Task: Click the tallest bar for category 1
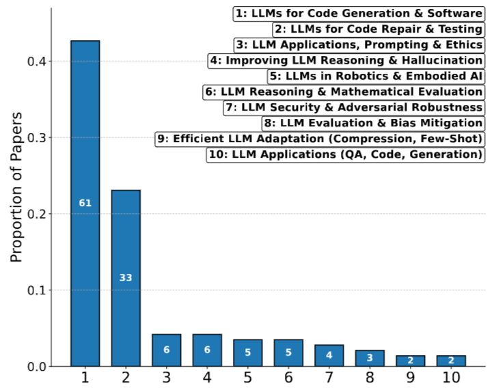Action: coord(85,137)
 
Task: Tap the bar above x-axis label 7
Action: coord(329,355)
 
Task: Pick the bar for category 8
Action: coord(370,358)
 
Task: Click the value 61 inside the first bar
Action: coord(85,203)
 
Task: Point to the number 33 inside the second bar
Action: coord(126,278)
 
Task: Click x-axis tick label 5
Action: coord(247,378)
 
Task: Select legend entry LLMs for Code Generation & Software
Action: coord(359,14)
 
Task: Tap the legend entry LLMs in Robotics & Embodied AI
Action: coord(376,76)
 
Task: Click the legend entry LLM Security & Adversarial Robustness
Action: coord(354,107)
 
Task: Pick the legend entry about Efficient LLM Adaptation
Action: coord(320,139)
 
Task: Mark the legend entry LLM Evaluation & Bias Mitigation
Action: coord(373,123)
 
